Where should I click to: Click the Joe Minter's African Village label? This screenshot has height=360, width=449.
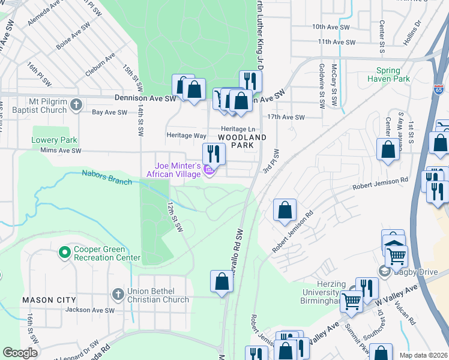pyautogui.click(x=178, y=170)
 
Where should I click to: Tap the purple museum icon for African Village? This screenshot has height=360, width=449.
pyautogui.click(x=209, y=172)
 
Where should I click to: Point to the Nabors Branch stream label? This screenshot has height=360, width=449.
pyautogui.click(x=107, y=178)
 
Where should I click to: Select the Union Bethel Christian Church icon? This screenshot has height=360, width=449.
pyautogui.click(x=118, y=295)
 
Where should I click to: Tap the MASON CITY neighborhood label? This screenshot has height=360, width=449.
pyautogui.click(x=49, y=299)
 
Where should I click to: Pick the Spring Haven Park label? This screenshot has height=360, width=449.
pyautogui.click(x=388, y=74)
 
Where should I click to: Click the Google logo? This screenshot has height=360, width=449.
pyautogui.click(x=20, y=353)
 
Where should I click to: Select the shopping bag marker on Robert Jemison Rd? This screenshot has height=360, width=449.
pyautogui.click(x=285, y=210)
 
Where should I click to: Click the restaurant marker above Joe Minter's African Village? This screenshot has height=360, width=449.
pyautogui.click(x=213, y=154)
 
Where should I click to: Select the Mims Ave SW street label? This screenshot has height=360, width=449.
pyautogui.click(x=60, y=151)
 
